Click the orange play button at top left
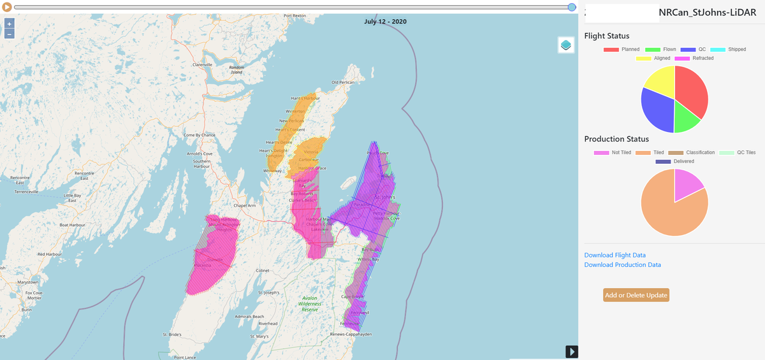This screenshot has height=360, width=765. (x=7, y=7)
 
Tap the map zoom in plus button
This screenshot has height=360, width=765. (x=10, y=24)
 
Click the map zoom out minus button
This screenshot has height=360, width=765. (x=10, y=34)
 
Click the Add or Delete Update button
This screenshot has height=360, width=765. (x=636, y=295)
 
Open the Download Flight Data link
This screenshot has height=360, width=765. (x=615, y=255)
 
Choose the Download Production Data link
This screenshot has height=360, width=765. (x=622, y=264)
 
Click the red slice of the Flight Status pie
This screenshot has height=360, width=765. (x=692, y=89)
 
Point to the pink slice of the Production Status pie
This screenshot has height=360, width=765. (x=687, y=184)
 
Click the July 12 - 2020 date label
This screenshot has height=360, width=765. (x=386, y=21)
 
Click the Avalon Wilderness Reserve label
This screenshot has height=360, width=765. (x=312, y=305)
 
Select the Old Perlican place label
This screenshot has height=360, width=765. (x=343, y=82)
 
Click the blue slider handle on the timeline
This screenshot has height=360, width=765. (x=572, y=7)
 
